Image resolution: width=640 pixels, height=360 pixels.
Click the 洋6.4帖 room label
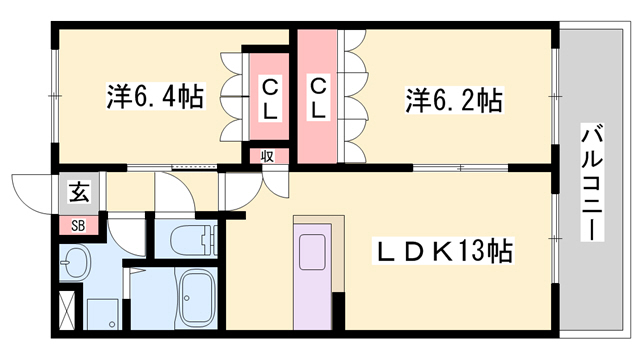[156, 98]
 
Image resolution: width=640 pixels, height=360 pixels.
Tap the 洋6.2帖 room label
[453, 100]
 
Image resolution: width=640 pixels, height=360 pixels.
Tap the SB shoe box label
[77, 226]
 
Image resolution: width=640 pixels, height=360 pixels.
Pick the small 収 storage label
[268, 155]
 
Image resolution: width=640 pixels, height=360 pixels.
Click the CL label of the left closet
[270, 99]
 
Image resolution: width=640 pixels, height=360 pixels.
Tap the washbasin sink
[76, 266]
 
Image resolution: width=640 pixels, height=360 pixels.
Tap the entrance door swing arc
[30, 190]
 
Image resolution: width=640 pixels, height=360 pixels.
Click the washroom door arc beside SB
[124, 232]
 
